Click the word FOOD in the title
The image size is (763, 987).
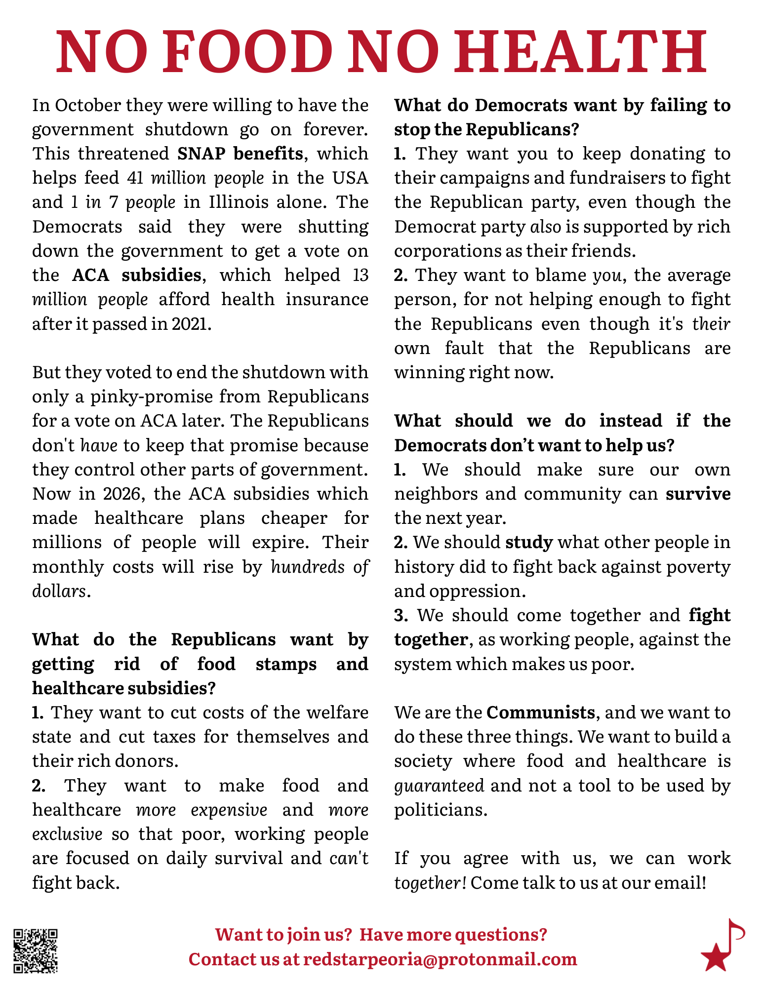247,51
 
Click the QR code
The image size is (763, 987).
36,951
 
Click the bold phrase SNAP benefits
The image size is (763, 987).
240,154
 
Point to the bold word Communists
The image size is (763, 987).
541,712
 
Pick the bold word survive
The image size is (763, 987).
698,494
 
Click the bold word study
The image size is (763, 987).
529,543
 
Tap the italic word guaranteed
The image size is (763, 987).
439,786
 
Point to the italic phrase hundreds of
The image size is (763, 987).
320,567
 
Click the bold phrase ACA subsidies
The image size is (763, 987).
137,275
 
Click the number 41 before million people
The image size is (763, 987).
135,178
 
